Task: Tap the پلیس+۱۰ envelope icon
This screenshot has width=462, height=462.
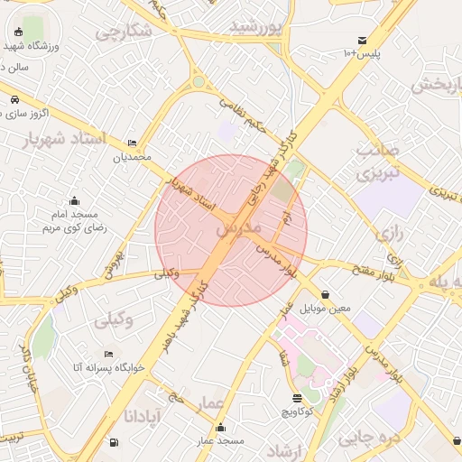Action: point(362,41)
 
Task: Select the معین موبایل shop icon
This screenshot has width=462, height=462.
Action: point(325,294)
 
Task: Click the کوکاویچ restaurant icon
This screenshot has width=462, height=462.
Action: point(298,398)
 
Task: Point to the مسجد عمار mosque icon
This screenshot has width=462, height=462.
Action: point(221,427)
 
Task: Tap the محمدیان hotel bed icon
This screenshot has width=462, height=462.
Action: point(133,143)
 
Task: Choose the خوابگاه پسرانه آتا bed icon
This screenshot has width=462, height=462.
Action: point(109,354)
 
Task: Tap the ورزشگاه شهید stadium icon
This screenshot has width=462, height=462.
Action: point(20,32)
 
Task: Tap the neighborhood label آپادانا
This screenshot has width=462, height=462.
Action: point(142,417)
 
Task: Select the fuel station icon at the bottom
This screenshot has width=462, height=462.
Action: point(113,442)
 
